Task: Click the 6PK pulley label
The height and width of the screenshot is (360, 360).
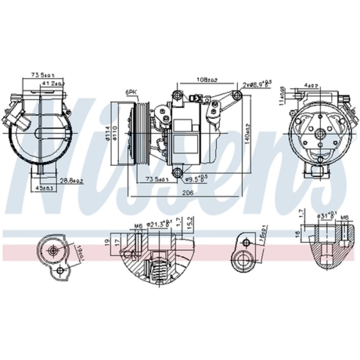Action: point(131,93)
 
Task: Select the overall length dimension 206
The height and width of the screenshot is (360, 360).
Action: point(188,193)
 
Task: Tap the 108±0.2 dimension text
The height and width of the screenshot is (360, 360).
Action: point(207,80)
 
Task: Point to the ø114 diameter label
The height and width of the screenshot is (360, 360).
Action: point(107,134)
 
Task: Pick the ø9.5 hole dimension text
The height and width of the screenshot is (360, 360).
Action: point(197,178)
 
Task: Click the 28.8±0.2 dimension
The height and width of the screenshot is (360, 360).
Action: point(71,181)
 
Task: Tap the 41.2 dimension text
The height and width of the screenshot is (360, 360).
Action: point(53,84)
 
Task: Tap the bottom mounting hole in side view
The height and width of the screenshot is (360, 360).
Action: point(177,173)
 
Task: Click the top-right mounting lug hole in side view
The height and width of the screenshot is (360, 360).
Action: point(236,95)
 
